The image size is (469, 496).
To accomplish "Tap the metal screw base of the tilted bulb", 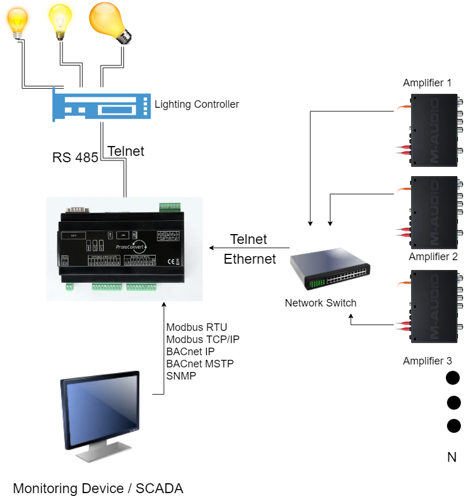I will [x=124, y=37].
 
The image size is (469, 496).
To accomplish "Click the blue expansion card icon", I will [x=103, y=105].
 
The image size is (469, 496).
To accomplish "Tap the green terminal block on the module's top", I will [x=170, y=206].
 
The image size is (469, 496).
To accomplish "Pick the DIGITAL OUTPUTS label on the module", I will [x=140, y=256].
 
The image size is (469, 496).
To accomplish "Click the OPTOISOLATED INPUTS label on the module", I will [x=104, y=256].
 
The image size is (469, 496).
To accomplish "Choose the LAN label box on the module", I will [x=123, y=235].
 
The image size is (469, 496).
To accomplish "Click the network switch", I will [x=329, y=268].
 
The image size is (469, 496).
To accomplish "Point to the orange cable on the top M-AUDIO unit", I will [x=401, y=107].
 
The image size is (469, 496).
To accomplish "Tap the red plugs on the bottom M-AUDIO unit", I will [x=404, y=327].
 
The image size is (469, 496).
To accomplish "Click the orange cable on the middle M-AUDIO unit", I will [x=401, y=189].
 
